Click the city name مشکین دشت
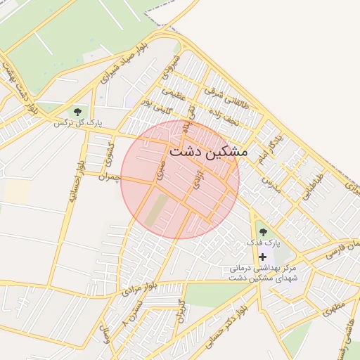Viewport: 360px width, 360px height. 208,151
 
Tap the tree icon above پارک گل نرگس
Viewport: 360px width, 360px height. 77,111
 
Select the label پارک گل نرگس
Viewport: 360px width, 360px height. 79,123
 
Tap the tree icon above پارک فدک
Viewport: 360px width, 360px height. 263,232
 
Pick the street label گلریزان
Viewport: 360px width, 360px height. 181,309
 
